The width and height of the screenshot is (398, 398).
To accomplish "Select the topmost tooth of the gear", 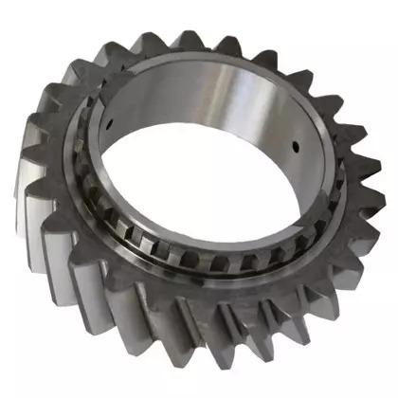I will pyautogui.click(x=186, y=41).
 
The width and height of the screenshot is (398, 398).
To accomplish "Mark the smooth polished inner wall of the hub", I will pyautogui.click(x=256, y=114).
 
